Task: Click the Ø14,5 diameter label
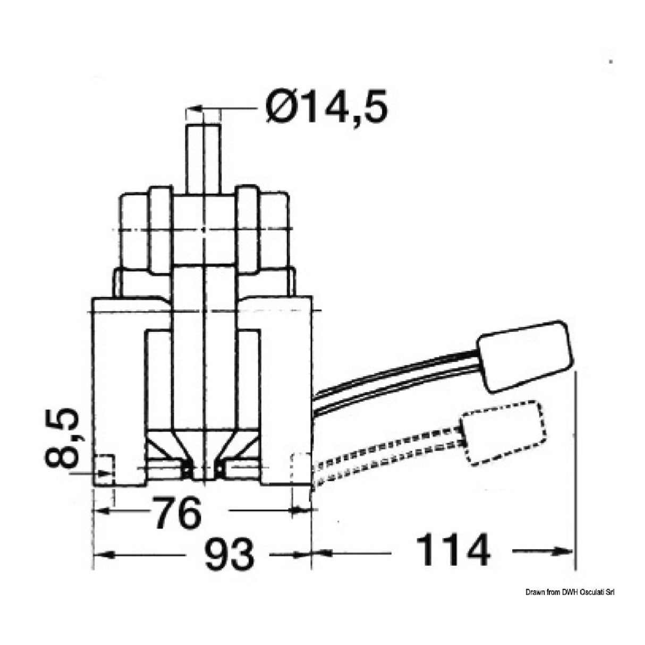[326, 106]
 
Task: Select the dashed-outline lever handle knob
[504, 432]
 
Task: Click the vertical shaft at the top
[203, 159]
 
